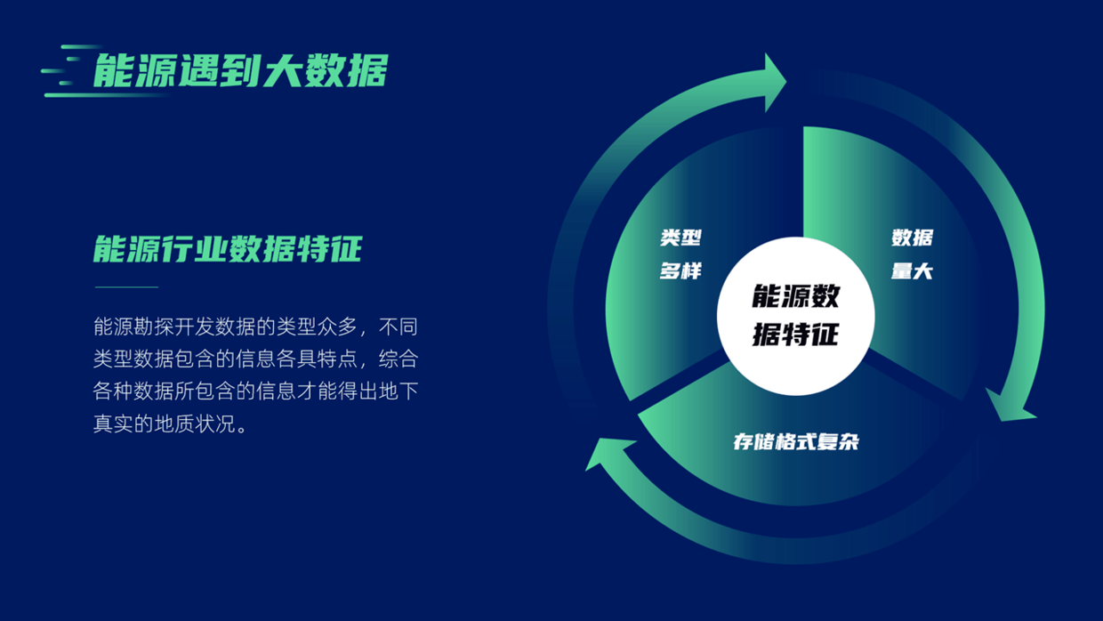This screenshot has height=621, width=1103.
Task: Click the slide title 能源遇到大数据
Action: (241, 70)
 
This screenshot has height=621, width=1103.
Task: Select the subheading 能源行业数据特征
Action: (228, 249)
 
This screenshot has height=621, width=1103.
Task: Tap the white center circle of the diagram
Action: (796, 316)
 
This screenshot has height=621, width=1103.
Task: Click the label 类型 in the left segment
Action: (681, 238)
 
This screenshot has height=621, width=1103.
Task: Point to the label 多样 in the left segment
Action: (680, 270)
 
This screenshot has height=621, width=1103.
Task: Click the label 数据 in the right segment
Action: (912, 238)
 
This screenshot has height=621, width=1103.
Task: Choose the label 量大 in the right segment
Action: (912, 270)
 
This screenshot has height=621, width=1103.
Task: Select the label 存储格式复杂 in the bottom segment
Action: (796, 442)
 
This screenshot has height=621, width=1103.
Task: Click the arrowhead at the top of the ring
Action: (775, 82)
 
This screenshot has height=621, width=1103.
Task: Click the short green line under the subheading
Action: (126, 286)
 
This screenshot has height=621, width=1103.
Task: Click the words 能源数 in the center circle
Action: (796, 296)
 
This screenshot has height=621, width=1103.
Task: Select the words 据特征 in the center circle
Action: (796, 335)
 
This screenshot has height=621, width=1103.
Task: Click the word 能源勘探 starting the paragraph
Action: (133, 327)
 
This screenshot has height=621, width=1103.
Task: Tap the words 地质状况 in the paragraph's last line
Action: (195, 424)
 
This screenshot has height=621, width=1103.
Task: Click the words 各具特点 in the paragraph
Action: (317, 359)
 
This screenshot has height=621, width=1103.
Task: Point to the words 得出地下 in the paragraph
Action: (378, 391)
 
